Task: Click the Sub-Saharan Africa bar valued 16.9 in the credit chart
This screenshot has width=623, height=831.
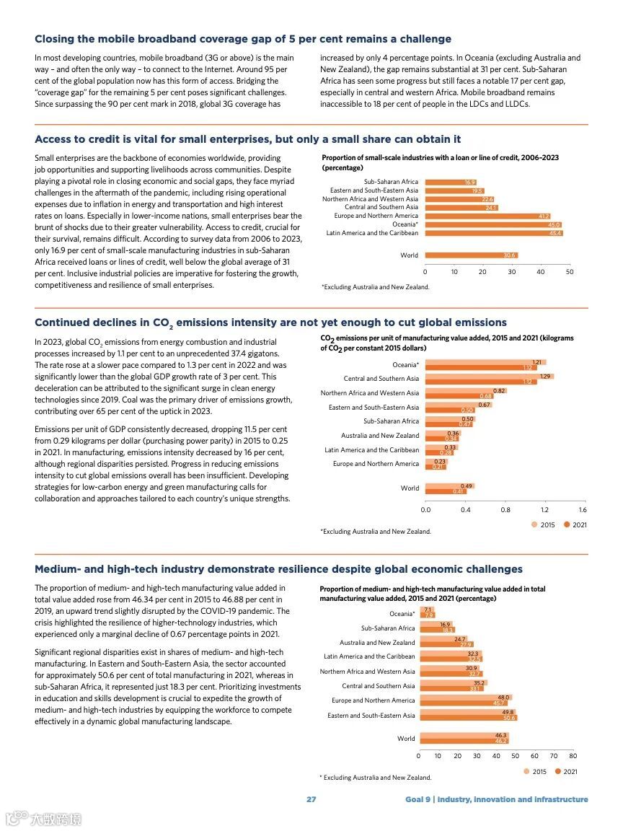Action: tap(450, 183)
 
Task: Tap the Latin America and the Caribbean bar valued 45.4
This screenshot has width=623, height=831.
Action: tap(493, 233)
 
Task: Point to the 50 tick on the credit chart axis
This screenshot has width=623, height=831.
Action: tap(570, 272)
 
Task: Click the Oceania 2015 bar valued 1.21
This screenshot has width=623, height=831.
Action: tap(485, 362)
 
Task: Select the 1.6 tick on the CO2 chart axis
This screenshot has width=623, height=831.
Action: tap(583, 510)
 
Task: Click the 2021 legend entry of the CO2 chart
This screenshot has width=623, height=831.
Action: tap(575, 524)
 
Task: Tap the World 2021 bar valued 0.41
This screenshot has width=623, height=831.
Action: tap(446, 491)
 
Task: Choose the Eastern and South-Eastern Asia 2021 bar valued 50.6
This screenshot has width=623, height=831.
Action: tap(467, 718)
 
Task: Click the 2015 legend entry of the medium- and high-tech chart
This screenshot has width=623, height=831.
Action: tap(535, 772)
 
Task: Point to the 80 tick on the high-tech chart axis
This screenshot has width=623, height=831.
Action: tap(573, 756)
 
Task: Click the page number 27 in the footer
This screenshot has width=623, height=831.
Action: tap(311, 799)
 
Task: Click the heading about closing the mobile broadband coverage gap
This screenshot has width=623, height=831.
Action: tap(243, 39)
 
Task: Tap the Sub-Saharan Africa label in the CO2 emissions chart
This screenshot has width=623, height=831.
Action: tap(391, 421)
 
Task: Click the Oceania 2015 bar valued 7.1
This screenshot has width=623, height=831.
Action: tap(425, 610)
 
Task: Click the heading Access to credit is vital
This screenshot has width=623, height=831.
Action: tap(247, 139)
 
